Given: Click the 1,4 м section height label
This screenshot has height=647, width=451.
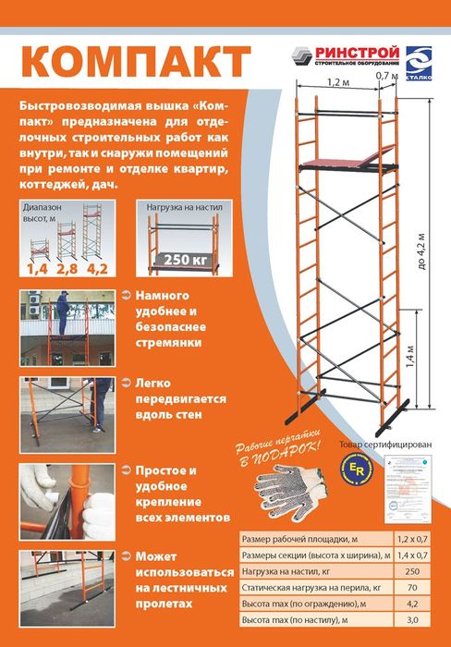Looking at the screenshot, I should (x=413, y=353).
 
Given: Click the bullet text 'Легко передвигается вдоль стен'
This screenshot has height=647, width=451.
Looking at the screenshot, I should (x=171, y=398).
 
